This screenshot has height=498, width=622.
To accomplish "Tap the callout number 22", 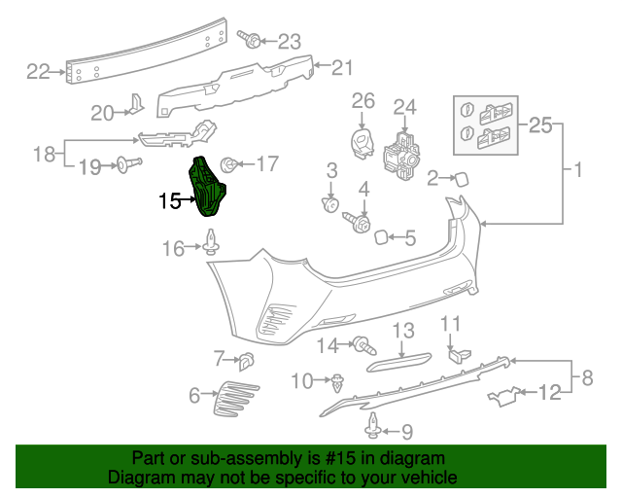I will click(37, 71).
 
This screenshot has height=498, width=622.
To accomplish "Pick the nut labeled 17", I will click(230, 163).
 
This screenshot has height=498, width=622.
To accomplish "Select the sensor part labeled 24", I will click(402, 151).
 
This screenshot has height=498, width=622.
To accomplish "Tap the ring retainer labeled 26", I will click(363, 141).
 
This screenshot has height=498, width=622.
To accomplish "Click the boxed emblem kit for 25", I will click(486, 126).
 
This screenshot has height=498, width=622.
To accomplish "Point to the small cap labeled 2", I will click(461, 177).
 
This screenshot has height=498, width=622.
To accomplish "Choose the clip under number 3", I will click(330, 205).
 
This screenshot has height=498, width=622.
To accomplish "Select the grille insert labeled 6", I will click(233, 395).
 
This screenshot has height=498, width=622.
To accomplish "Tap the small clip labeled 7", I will click(246, 361).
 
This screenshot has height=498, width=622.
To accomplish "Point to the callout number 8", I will click(586, 375).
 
